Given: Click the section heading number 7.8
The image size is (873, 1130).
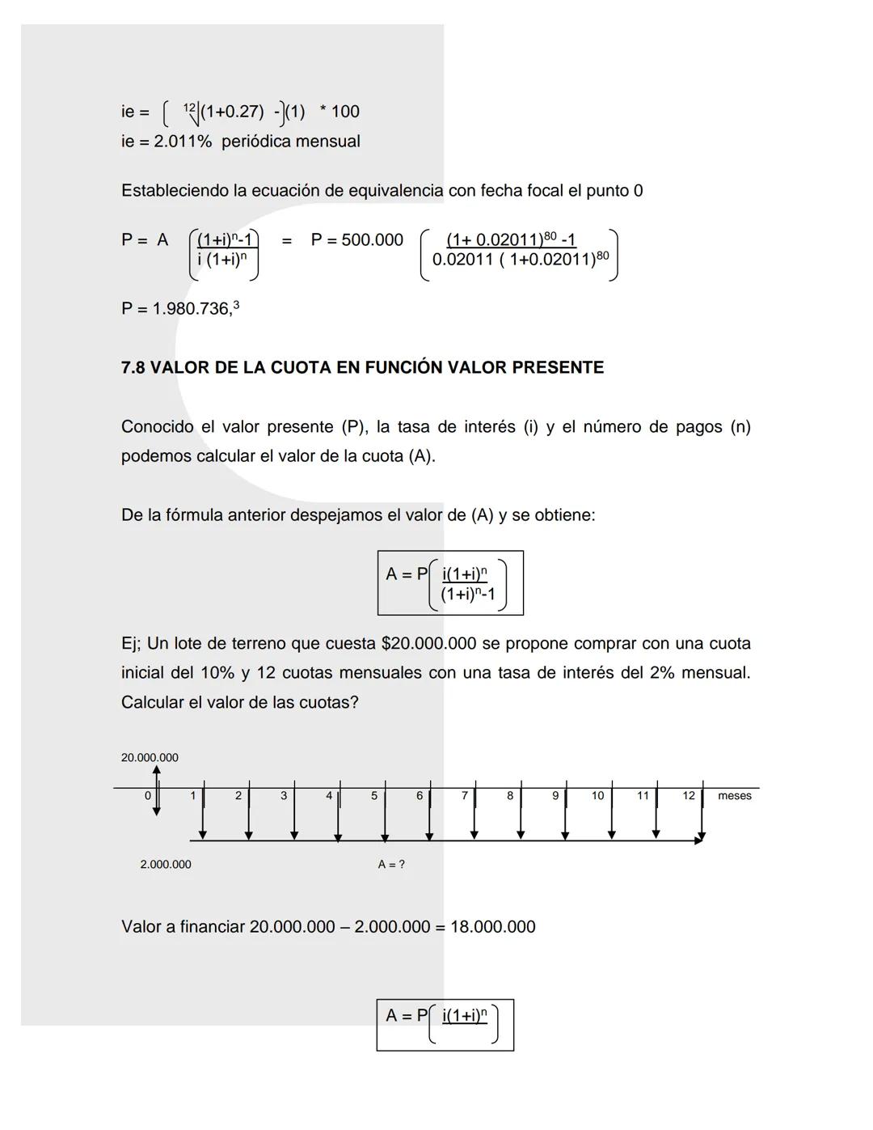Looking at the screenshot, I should (133, 368).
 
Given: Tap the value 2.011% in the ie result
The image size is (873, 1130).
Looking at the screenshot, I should (183, 142).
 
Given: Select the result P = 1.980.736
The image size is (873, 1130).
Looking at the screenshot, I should (179, 309).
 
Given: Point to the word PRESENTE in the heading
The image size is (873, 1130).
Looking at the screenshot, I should (558, 368).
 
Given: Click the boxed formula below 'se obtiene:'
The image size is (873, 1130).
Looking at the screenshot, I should (450, 583).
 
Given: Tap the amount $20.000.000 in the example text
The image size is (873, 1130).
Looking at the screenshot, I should (428, 644).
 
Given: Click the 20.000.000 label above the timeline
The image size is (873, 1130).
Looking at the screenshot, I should (150, 758).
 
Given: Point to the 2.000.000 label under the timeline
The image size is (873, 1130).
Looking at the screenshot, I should (166, 865).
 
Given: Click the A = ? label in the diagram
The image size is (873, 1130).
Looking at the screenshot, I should (391, 865).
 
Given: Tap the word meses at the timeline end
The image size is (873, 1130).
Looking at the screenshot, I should (734, 796).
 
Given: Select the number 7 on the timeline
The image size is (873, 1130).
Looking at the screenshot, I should (465, 796).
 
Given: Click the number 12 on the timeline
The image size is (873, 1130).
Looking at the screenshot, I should (688, 796).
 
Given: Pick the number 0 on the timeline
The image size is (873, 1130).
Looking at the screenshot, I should (147, 796).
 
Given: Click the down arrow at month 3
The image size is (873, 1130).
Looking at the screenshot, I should (294, 817).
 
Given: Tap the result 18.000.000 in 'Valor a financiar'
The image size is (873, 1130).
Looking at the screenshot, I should (492, 927).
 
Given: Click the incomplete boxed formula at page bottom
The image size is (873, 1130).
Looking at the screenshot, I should (445, 1025).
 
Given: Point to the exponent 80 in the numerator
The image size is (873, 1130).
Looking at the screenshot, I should (550, 235).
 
